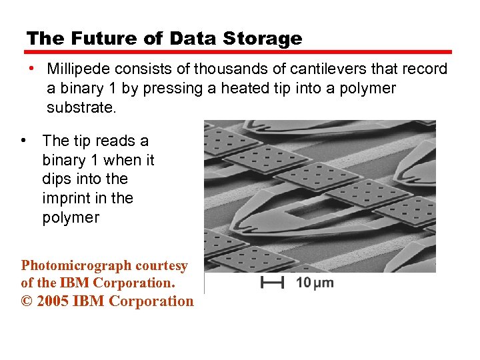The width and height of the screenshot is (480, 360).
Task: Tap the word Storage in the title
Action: [262, 39]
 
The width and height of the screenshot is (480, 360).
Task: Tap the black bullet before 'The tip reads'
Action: [23, 141]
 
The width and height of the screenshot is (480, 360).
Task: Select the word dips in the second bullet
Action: [56, 179]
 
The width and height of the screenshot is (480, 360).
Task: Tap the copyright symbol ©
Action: [27, 301]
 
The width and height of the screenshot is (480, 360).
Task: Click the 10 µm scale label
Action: [315, 283]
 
